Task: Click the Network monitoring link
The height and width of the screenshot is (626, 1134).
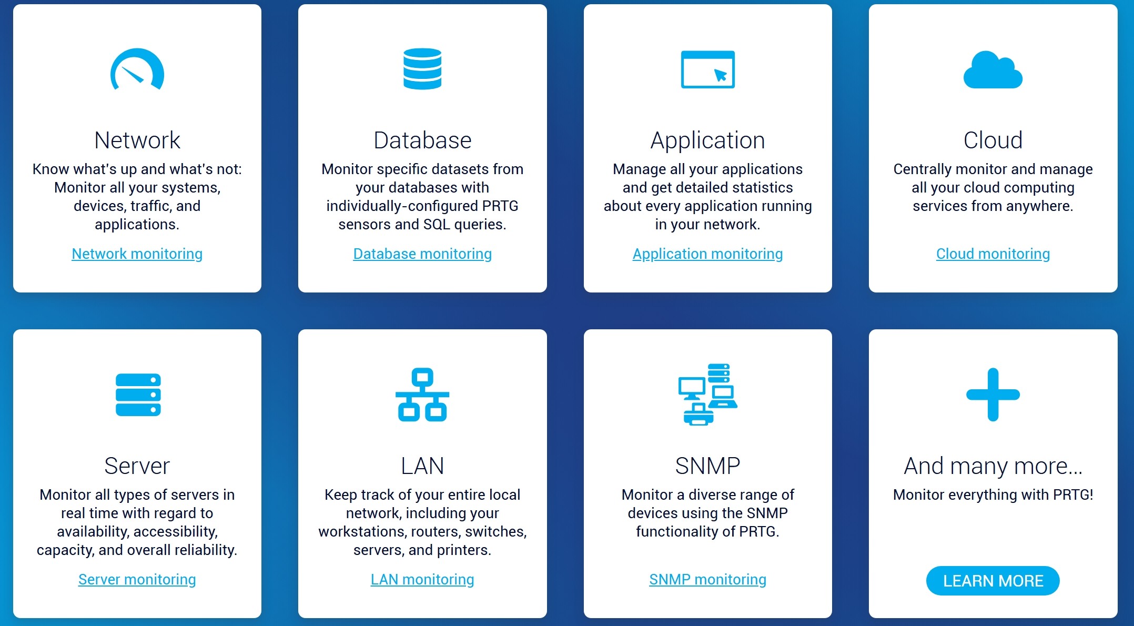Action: (x=137, y=254)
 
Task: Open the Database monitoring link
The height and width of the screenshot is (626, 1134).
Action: (x=422, y=254)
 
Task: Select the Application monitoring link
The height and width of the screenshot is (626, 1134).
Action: (x=707, y=254)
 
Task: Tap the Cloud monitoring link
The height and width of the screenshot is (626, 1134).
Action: (x=993, y=254)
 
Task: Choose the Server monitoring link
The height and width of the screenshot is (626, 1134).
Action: (x=137, y=580)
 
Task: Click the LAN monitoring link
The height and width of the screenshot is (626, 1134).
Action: (x=422, y=580)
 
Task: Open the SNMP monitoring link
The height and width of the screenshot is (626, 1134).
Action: (x=707, y=580)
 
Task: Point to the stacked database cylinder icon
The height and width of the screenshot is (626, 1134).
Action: (x=422, y=69)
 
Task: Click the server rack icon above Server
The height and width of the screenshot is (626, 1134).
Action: (x=138, y=395)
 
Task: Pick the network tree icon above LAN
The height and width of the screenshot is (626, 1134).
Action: (x=422, y=395)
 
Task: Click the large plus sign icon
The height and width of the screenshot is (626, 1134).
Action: (x=993, y=395)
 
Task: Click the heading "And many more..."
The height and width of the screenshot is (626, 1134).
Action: (x=993, y=466)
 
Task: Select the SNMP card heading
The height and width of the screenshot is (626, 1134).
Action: (x=707, y=466)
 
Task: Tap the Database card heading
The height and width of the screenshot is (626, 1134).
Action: (x=422, y=140)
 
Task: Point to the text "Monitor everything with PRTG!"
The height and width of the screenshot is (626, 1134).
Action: (x=993, y=495)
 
